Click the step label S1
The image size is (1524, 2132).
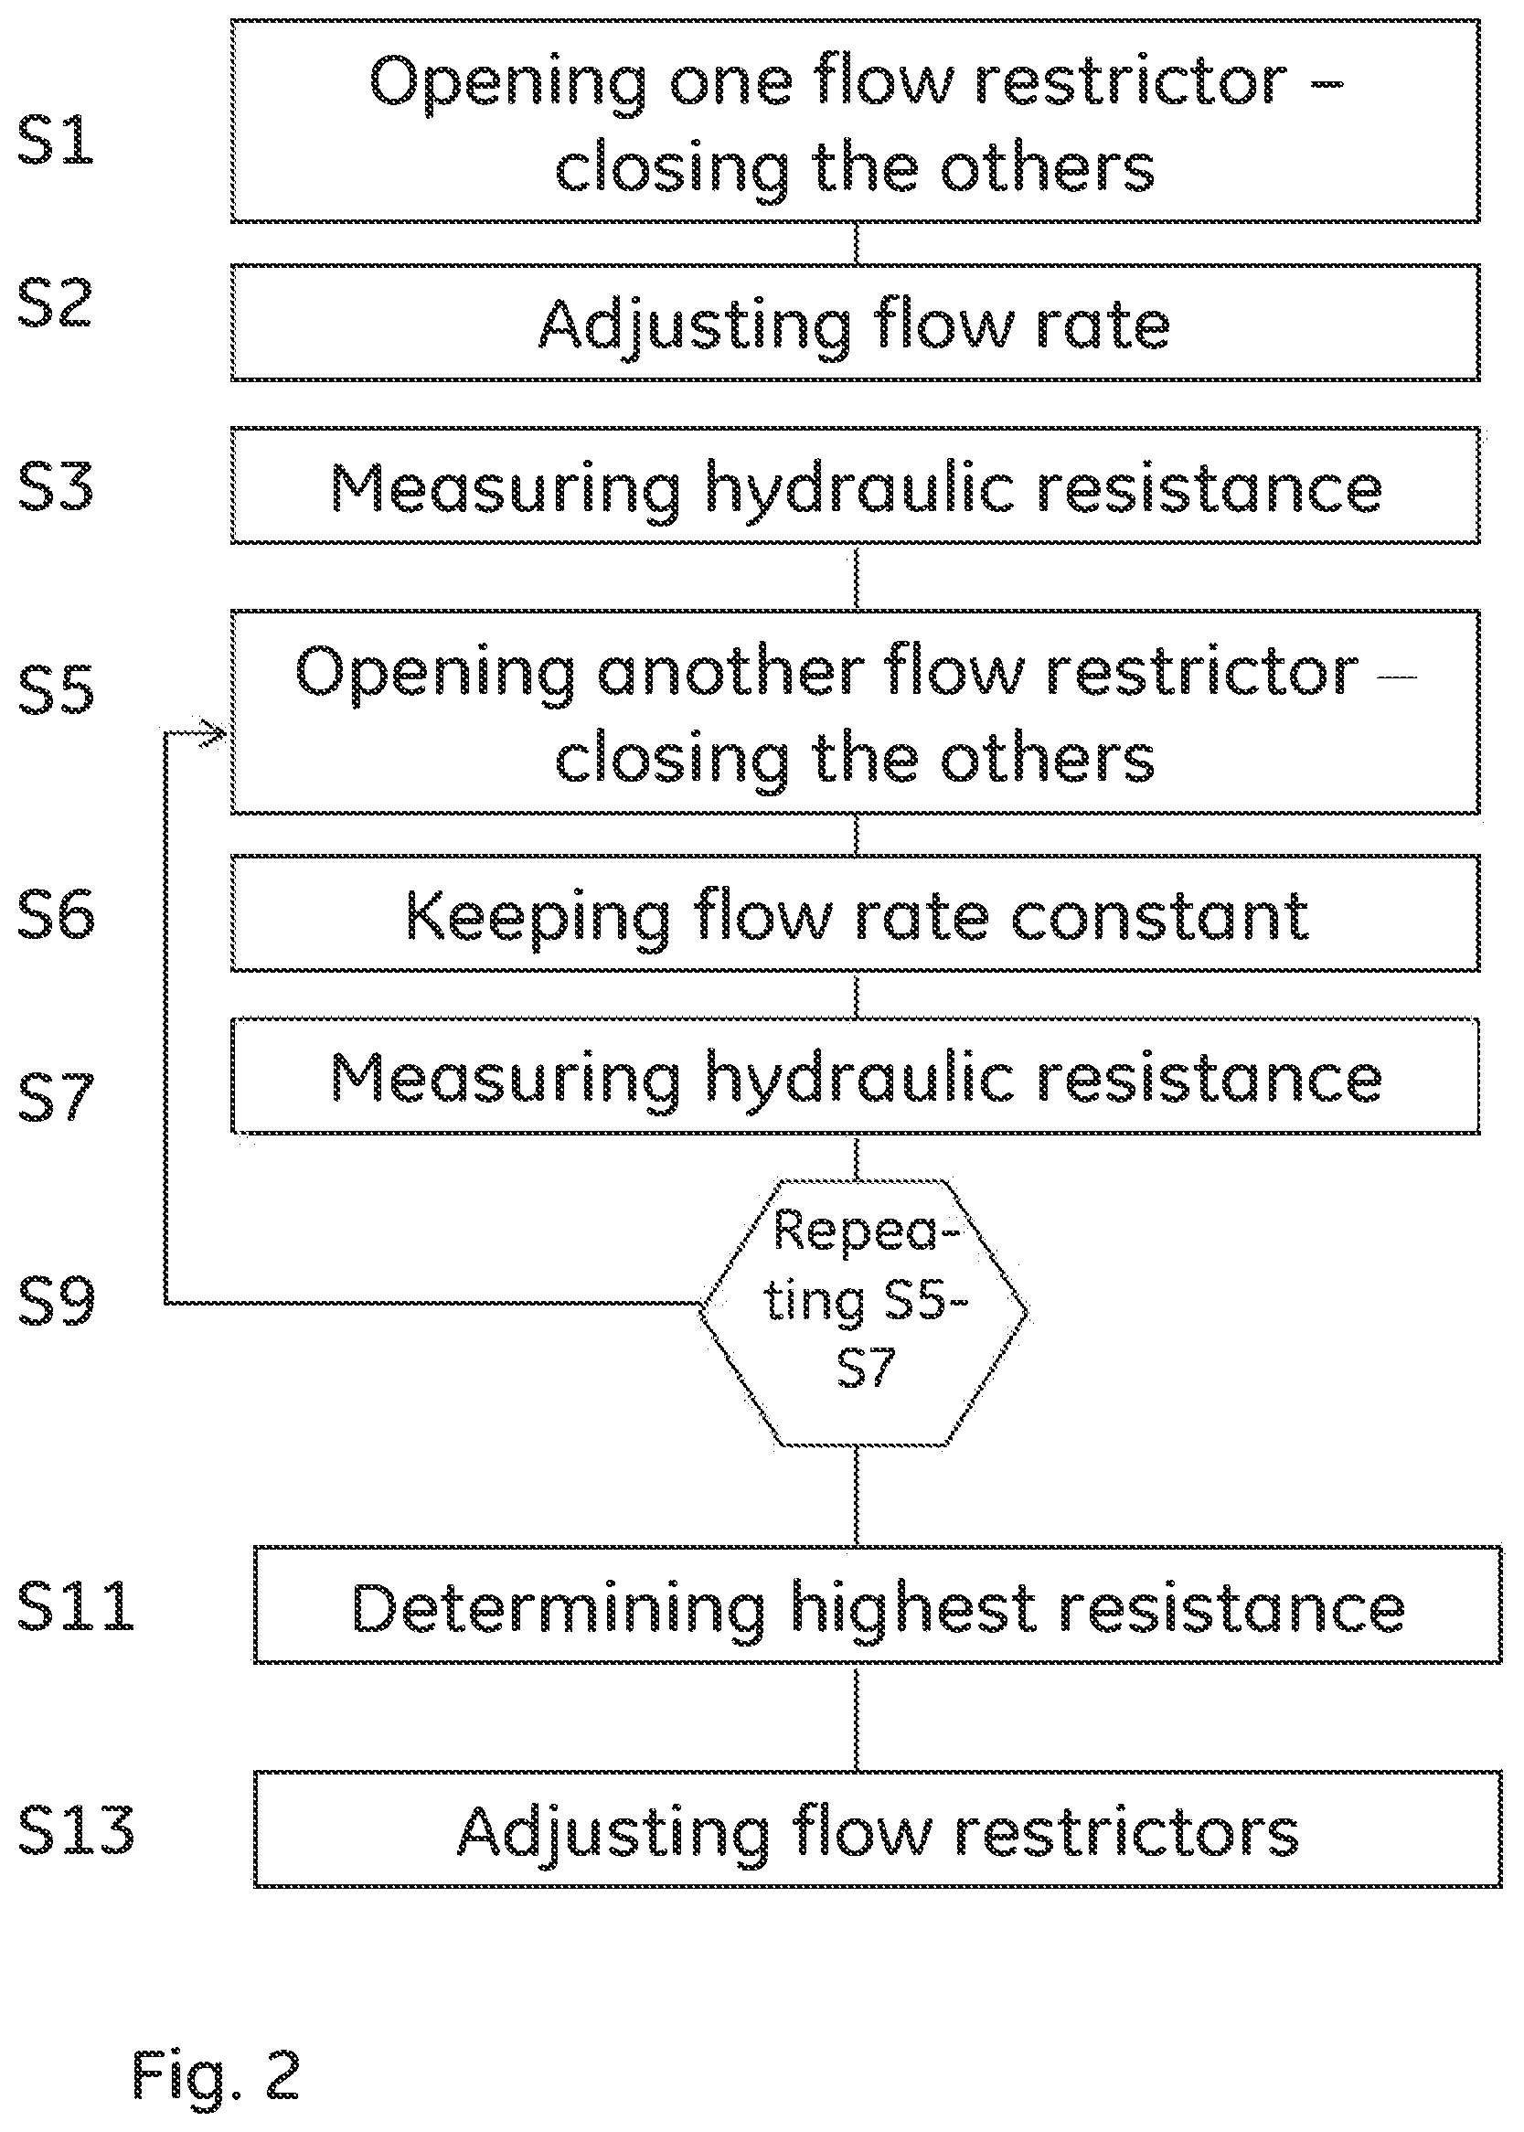pos(57,139)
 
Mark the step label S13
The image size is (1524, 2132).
pos(76,1828)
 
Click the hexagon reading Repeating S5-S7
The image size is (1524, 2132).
pos(864,1312)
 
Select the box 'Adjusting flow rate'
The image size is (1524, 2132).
pos(855,322)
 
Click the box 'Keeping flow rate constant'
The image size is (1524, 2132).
pos(855,913)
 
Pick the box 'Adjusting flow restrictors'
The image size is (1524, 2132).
pos(878,1828)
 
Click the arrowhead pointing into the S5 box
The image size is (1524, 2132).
pos(216,731)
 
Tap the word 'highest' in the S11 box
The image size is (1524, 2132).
pos(914,1608)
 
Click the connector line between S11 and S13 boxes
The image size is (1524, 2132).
pos(856,1716)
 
